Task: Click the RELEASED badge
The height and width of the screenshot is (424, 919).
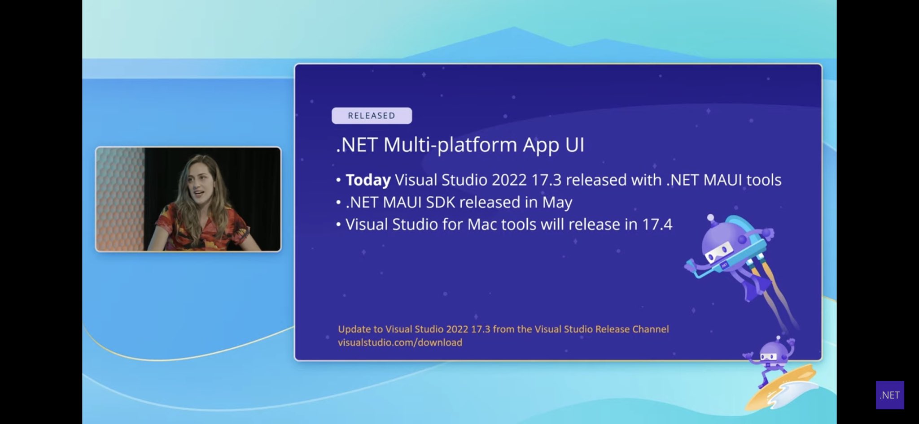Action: [x=372, y=116]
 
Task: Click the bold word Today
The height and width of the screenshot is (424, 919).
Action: [x=368, y=180]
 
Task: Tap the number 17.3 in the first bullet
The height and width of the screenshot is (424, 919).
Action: [x=546, y=180]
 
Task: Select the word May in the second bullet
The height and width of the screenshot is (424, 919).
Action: [x=557, y=203]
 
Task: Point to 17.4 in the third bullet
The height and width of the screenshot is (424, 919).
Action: [x=657, y=224]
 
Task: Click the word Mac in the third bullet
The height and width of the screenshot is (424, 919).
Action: [x=482, y=224]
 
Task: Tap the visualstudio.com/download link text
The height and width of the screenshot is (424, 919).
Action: [x=400, y=342]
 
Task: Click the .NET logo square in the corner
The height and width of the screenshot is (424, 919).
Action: [x=889, y=395]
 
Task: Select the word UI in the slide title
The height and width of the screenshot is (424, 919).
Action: [x=575, y=145]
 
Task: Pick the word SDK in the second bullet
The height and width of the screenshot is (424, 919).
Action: [x=440, y=203]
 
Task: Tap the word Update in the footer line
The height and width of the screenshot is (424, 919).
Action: [x=354, y=329]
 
